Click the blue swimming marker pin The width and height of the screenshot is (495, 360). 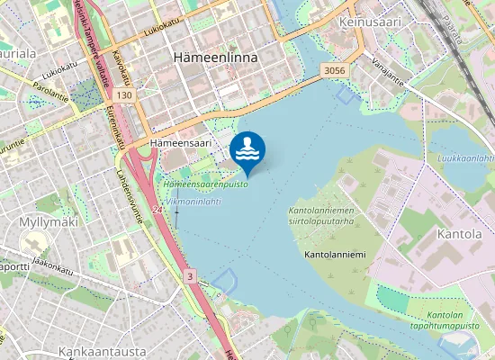(x=247, y=151)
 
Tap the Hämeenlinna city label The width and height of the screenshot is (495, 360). (x=214, y=57)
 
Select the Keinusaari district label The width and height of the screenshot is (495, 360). (x=369, y=20)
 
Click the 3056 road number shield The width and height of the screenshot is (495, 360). (x=333, y=70)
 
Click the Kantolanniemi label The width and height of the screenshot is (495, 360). (x=335, y=256)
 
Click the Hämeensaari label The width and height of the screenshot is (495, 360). (x=180, y=142)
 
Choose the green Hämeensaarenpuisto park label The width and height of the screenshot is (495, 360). (x=205, y=184)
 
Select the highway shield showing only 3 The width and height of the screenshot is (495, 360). (x=190, y=275)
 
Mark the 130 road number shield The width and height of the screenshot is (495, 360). (x=124, y=94)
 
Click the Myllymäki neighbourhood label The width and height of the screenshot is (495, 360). (x=49, y=221)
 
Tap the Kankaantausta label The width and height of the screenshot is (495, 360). (x=95, y=350)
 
